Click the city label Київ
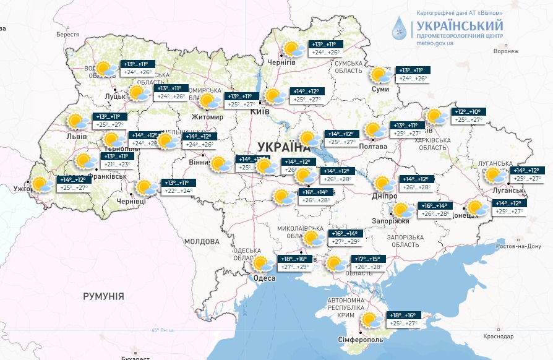pos(259,112)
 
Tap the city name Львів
pos(76,136)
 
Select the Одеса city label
pos(264,278)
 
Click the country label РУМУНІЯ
pos(103,296)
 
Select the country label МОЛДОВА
pos(202,241)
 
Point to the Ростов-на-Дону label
pos(513,246)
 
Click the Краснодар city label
pos(499,336)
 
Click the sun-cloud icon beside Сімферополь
pos(372,320)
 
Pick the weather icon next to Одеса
pos(264,264)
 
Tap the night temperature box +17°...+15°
pos(369,259)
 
